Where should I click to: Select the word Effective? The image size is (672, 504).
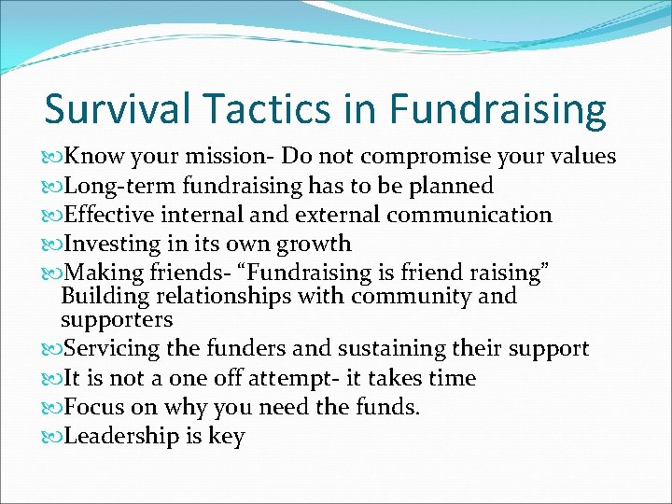click(x=97, y=215)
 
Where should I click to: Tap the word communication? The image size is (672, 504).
click(x=469, y=215)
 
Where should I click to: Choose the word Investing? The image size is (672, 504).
click(x=100, y=245)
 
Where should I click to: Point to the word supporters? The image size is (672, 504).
click(x=116, y=320)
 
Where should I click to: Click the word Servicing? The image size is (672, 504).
click(x=100, y=349)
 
